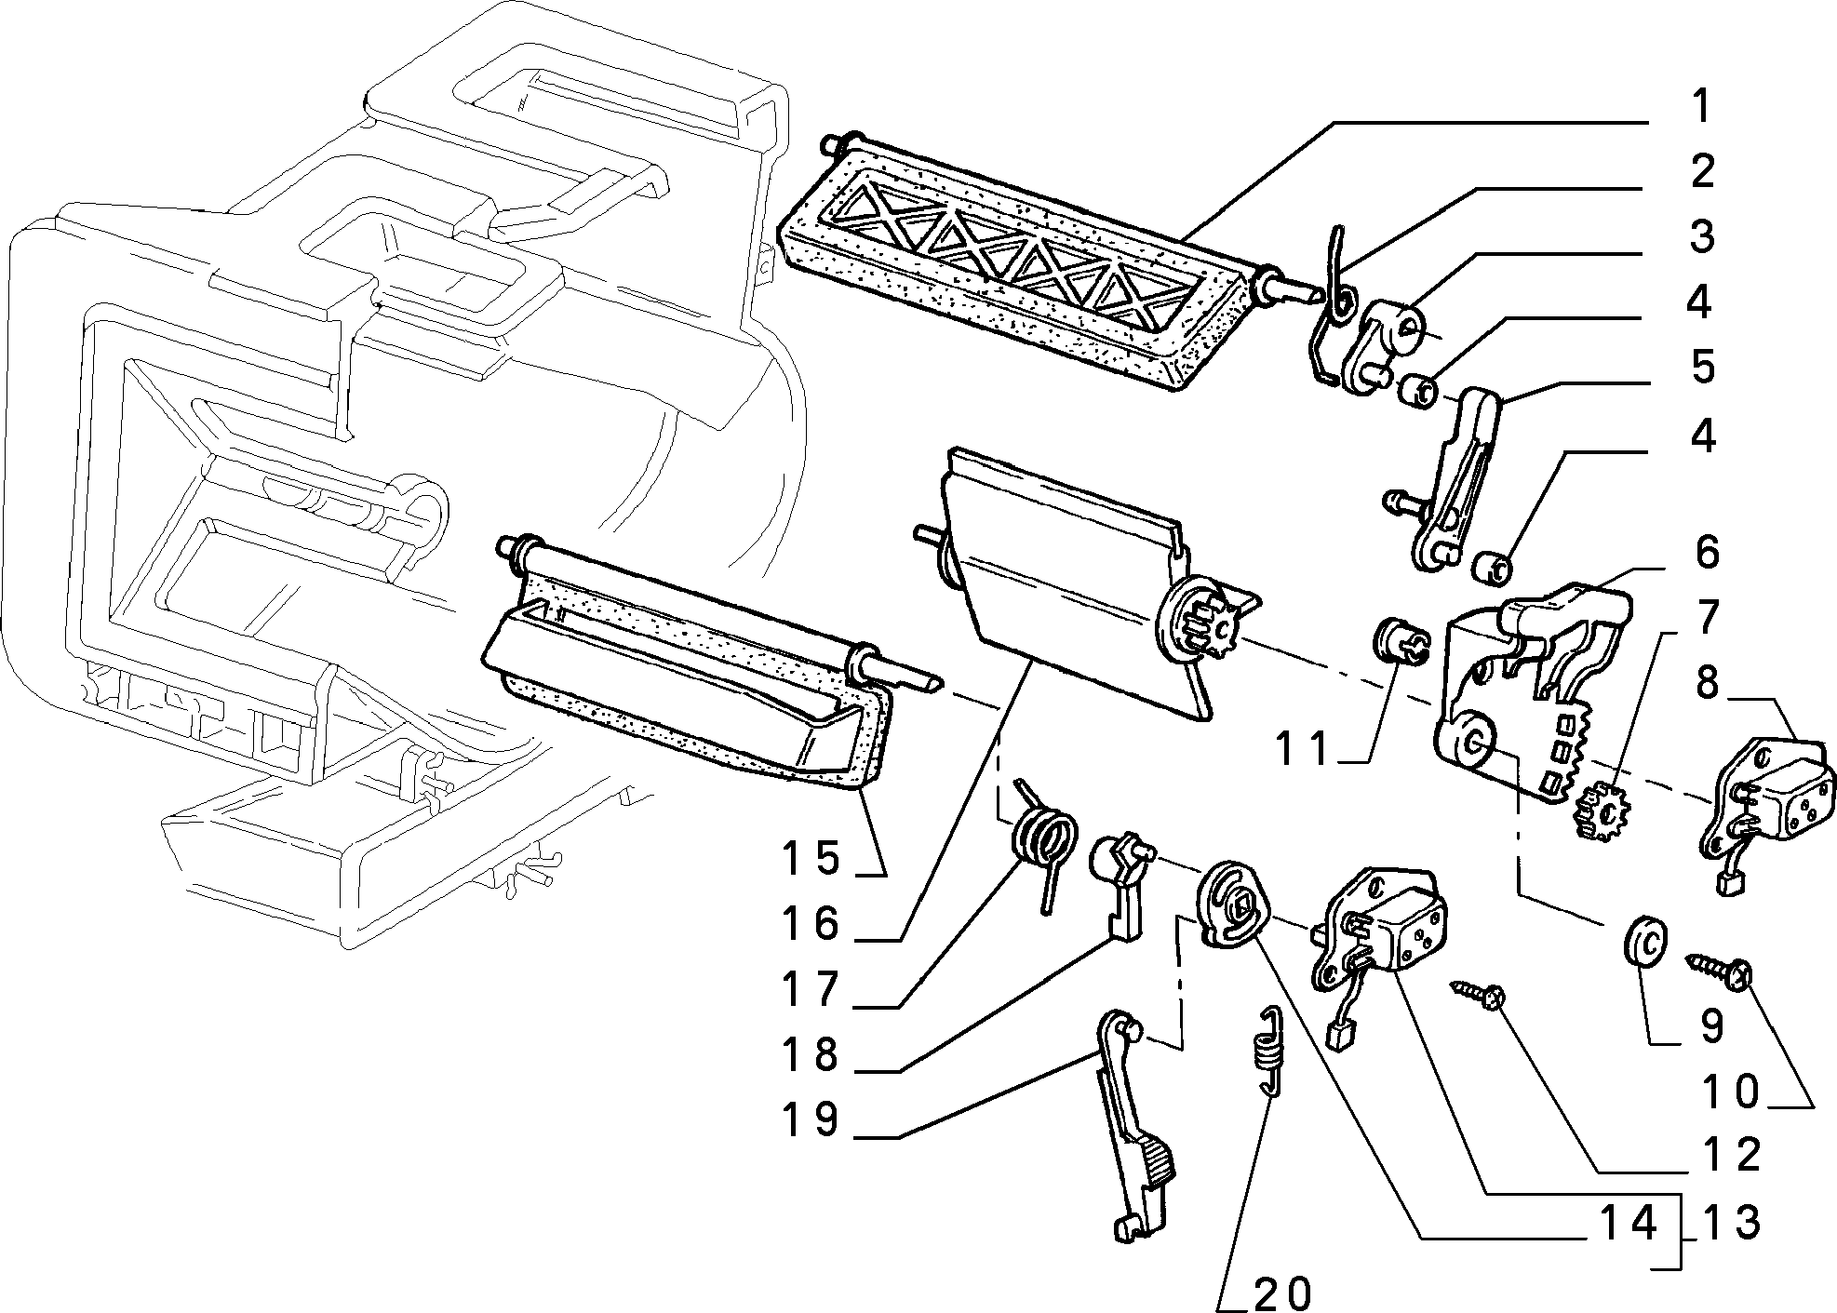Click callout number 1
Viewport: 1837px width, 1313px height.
1700,108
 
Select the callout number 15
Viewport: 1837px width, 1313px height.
811,858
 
